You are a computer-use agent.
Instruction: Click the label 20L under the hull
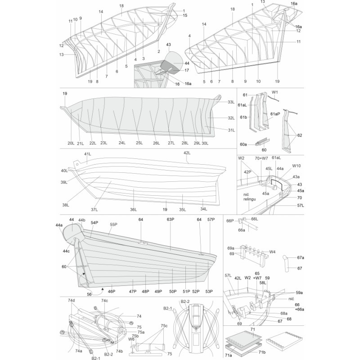[x=71, y=143]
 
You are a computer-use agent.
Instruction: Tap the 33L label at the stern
[x=231, y=102]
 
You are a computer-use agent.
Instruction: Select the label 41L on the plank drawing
[x=87, y=154]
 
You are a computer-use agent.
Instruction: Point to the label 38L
[x=66, y=205]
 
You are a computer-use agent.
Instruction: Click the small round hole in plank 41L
[x=77, y=164]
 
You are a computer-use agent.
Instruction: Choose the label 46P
[x=112, y=291]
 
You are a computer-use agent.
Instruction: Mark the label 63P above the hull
[x=171, y=220]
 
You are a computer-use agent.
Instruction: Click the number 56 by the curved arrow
[x=89, y=294]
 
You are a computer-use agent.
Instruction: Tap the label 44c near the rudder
[x=66, y=251]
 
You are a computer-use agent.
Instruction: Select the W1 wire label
[x=275, y=92]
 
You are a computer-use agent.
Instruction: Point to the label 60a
[x=243, y=144]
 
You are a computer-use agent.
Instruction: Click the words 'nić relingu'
[x=250, y=197]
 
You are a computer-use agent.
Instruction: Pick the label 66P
[x=230, y=221]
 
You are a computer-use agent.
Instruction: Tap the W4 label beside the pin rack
[x=272, y=252]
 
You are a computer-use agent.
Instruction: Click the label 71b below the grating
[x=262, y=352]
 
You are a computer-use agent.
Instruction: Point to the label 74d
[x=72, y=300]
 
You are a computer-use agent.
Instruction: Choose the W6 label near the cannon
[x=131, y=339]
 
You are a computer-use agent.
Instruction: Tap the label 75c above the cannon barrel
[x=164, y=326]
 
